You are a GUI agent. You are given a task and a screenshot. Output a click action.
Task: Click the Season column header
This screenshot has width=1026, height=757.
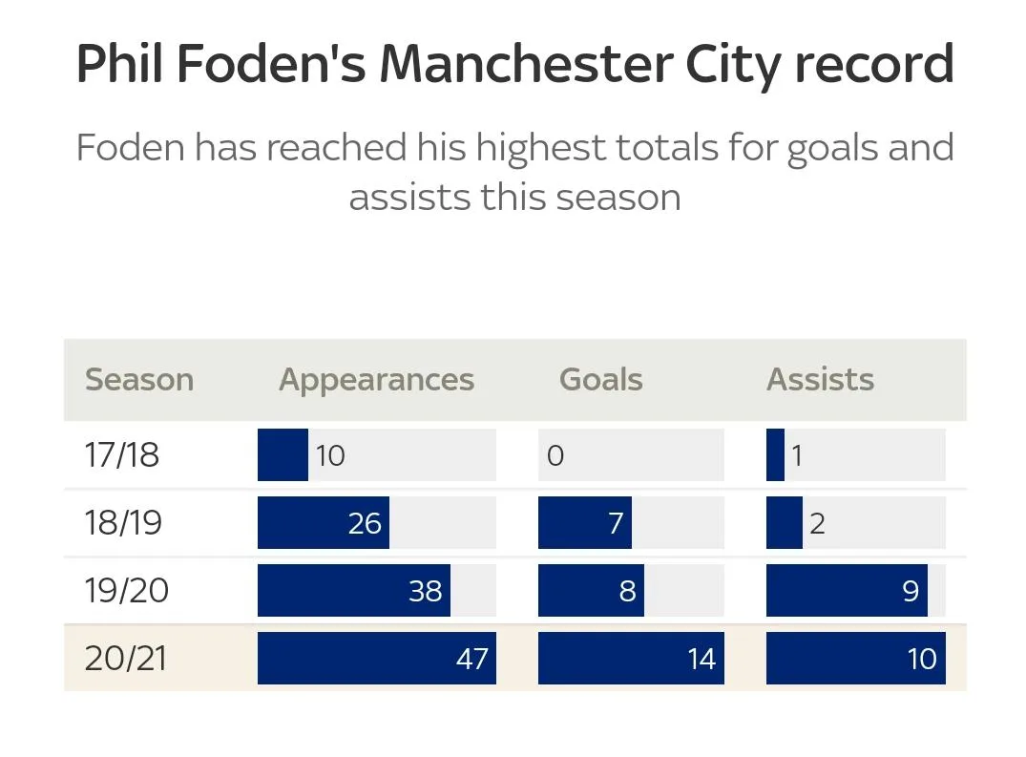pyautogui.click(x=139, y=380)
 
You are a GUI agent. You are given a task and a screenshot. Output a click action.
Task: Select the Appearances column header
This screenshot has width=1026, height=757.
pyautogui.click(x=376, y=380)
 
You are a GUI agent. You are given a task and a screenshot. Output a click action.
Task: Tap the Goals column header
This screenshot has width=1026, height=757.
pyautogui.click(x=600, y=380)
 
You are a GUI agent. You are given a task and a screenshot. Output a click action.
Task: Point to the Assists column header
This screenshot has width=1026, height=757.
pyautogui.click(x=820, y=380)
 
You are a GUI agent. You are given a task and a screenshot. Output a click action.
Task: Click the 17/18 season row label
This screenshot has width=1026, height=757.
pyautogui.click(x=121, y=455)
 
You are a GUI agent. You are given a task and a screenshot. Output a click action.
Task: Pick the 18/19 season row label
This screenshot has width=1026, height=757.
pyautogui.click(x=122, y=523)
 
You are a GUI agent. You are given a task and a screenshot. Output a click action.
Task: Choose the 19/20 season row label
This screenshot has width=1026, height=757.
pyautogui.click(x=126, y=591)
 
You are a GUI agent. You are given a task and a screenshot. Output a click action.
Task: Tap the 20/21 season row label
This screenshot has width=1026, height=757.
pyautogui.click(x=125, y=659)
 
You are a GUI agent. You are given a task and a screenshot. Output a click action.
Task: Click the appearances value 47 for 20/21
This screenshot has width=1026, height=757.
pyautogui.click(x=472, y=659)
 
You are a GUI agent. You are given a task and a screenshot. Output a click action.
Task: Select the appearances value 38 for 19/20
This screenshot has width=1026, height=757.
pyautogui.click(x=426, y=591)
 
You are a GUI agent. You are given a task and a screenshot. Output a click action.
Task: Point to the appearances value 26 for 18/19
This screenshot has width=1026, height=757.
pyautogui.click(x=365, y=523)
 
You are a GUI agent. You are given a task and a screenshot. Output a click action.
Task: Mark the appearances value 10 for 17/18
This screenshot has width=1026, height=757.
pyautogui.click(x=330, y=455)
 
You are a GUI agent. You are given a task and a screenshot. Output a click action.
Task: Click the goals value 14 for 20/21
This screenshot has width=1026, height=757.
pyautogui.click(x=701, y=659)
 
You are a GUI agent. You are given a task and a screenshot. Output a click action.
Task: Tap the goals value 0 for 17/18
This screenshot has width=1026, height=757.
pyautogui.click(x=555, y=455)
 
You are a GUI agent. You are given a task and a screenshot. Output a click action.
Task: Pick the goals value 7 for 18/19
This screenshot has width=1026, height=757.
pyautogui.click(x=616, y=523)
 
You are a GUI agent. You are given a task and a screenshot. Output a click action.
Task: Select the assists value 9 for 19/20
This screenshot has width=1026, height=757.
pyautogui.click(x=911, y=591)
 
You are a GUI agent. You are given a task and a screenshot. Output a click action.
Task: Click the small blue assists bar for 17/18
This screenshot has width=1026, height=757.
pyautogui.click(x=775, y=455)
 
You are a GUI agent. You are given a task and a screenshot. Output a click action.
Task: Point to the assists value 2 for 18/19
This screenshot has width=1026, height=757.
pyautogui.click(x=817, y=523)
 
